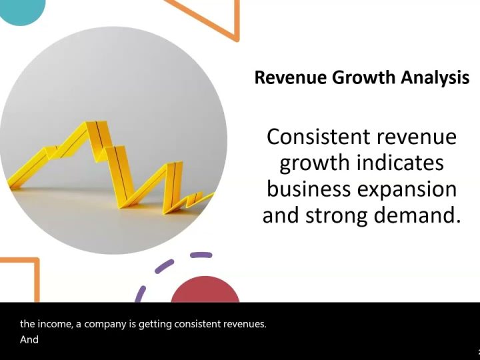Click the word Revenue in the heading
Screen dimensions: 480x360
pos(291,77)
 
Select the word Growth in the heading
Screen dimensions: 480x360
pos(364,77)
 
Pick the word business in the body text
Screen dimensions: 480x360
pos(309,189)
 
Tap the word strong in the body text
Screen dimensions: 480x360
pos(337,216)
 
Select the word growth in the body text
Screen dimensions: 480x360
pos(315,163)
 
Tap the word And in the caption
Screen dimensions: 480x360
pos(29,339)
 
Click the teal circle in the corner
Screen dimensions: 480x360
pos(21,9)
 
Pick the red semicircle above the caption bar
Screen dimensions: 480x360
pos(205,290)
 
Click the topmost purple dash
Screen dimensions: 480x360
pos(201,255)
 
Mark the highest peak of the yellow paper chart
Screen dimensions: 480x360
pos(92,122)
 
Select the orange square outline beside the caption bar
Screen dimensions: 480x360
pos(37,279)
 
